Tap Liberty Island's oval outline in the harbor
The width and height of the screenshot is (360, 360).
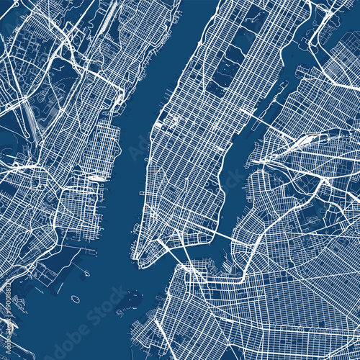(x=75, y=298)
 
